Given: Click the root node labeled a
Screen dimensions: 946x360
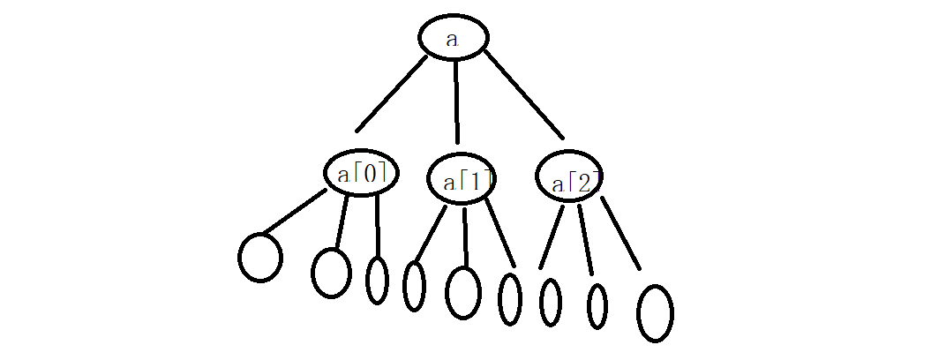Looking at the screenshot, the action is pos(453,38).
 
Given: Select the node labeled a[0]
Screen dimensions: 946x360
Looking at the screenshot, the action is pos(360,174).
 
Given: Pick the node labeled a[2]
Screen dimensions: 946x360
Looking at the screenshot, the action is pos(570,181).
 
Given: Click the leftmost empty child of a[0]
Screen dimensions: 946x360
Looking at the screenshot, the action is pos(260,257).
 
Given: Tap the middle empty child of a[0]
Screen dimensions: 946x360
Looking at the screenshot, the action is pos(331,272).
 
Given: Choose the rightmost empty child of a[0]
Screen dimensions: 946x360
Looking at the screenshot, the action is pos(377,280).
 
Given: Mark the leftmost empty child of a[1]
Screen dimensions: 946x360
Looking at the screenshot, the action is pos(414,286).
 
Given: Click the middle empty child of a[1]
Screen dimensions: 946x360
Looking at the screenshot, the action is pos(463,291).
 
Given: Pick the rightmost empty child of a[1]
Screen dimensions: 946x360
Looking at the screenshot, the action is pos(510,299).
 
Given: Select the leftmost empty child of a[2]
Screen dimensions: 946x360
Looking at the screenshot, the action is pos(550,302).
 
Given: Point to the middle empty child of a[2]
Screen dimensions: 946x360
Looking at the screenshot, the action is pos(597,306).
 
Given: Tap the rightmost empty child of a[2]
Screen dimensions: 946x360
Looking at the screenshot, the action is pos(655,312).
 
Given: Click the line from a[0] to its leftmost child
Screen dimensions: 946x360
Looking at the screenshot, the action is pos(295,212).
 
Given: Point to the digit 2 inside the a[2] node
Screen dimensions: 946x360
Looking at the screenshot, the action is pos(583,184).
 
